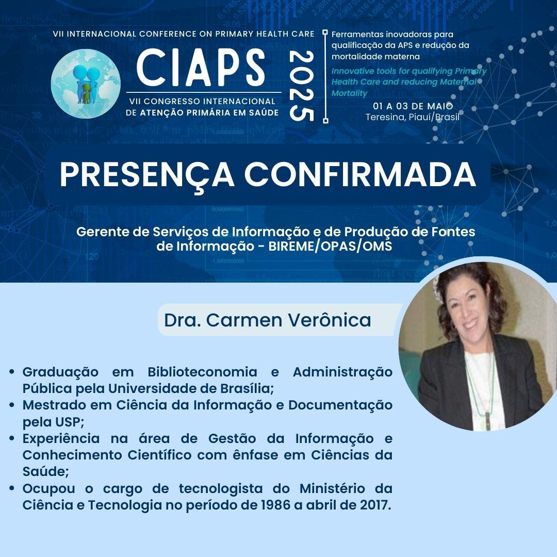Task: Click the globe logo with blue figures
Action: [86, 84]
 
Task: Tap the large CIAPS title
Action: [201, 68]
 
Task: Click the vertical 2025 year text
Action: [302, 86]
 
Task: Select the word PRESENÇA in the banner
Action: [146, 175]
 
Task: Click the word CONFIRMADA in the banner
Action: [361, 174]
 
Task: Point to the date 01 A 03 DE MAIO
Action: [413, 106]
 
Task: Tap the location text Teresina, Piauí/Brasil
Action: [413, 117]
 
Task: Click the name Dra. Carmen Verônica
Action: [268, 320]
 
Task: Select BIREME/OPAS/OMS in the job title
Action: [330, 246]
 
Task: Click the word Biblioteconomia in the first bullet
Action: [202, 372]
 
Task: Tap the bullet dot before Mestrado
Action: [12, 405]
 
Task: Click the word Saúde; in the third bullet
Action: [45, 471]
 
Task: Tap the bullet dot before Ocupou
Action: [12, 488]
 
